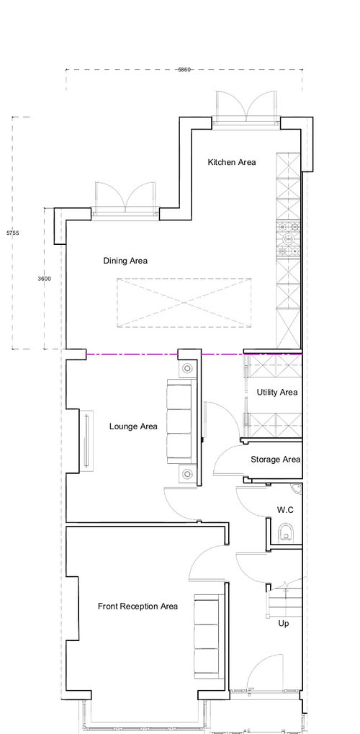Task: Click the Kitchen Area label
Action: click(232, 163)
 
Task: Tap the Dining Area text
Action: click(125, 261)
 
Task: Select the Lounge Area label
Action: click(133, 426)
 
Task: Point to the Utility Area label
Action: click(276, 393)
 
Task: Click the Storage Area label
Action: click(275, 460)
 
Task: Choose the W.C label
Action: click(285, 510)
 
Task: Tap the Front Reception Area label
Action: click(138, 607)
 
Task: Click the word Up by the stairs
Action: click(283, 624)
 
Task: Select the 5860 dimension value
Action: click(184, 70)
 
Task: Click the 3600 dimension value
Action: click(45, 279)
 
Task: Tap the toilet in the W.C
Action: click(286, 533)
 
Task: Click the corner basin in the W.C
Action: click(297, 488)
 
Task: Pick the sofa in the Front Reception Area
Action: click(207, 636)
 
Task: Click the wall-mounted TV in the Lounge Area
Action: click(86, 439)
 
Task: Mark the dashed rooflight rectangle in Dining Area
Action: click(184, 303)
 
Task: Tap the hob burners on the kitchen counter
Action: click(288, 240)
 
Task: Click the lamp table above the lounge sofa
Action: click(187, 368)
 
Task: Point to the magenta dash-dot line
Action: click(194, 355)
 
